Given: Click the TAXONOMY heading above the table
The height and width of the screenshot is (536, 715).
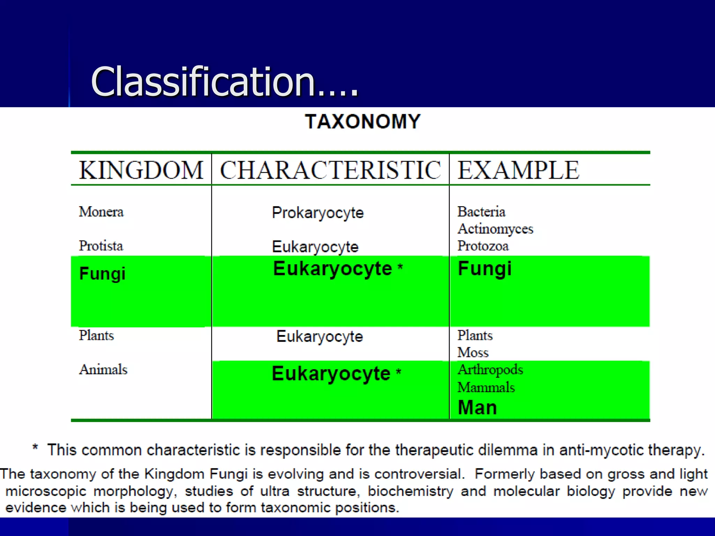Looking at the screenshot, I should tap(363, 122).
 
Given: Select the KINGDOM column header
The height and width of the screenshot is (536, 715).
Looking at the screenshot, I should tap(141, 170).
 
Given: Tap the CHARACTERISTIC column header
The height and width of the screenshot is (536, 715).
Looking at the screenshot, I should tap(330, 170).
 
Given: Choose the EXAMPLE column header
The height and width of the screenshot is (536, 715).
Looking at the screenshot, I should tap(518, 170).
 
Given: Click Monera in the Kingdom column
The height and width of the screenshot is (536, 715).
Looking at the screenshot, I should tap(101, 212).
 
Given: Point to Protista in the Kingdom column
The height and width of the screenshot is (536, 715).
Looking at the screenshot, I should tap(101, 246).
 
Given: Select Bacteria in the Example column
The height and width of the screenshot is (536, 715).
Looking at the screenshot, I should tap(481, 212).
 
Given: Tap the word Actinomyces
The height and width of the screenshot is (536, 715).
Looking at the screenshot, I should tap(495, 229).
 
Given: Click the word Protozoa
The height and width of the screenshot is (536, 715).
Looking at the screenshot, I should tap(483, 246).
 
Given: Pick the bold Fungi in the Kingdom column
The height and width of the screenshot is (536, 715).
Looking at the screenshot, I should tap(102, 274).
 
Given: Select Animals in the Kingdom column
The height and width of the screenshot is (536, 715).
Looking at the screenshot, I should tap(103, 370).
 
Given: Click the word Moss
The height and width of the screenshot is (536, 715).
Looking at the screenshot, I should tap(473, 352).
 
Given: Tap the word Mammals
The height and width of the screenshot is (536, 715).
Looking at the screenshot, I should tap(486, 387).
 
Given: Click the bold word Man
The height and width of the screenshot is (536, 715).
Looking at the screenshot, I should tap(477, 408).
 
